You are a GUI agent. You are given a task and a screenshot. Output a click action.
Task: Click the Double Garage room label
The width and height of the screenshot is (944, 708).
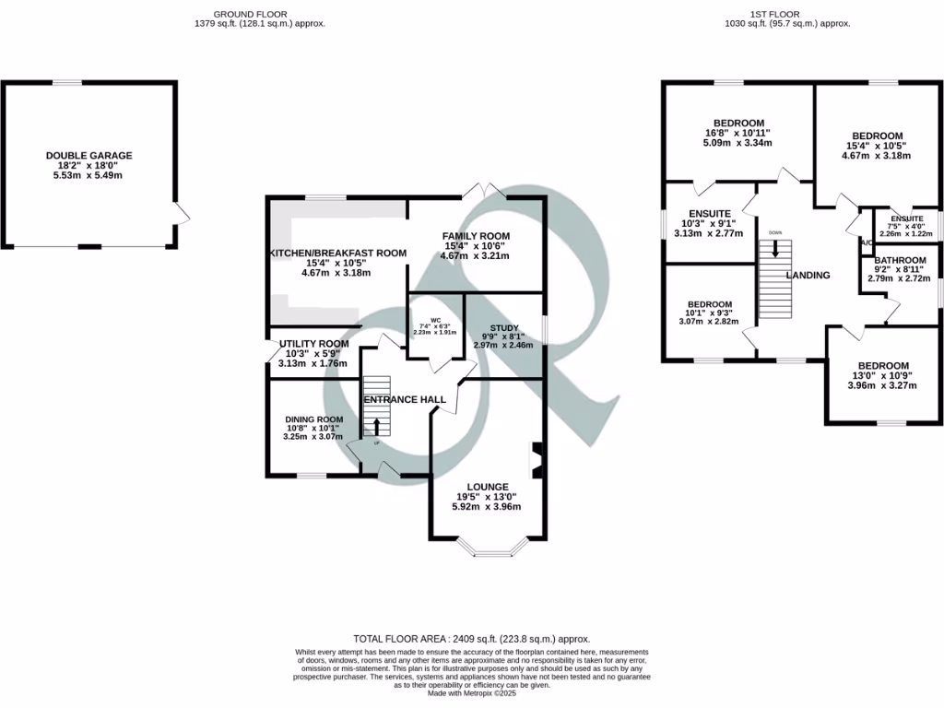click(89, 156)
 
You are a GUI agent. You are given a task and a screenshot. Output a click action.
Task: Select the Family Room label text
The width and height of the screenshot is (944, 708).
click(476, 236)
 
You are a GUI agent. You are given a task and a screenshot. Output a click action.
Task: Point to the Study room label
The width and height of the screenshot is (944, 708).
click(503, 327)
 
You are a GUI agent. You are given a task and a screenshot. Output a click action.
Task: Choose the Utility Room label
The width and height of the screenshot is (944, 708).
click(313, 344)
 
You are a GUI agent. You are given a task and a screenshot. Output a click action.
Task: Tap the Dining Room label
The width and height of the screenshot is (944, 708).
click(313, 418)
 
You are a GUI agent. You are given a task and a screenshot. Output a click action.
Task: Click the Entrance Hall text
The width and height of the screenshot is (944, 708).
click(404, 399)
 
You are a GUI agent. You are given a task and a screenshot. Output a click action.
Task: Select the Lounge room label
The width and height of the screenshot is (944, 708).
click(487, 487)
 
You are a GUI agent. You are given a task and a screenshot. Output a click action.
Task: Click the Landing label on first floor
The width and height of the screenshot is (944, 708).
click(808, 275)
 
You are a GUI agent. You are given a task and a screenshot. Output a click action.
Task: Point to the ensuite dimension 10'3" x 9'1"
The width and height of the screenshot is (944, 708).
click(709, 221)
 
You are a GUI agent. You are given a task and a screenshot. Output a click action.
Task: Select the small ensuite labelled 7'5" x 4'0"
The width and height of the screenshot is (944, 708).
click(907, 227)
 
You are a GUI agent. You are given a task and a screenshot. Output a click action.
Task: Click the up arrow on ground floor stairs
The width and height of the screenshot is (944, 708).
click(375, 426)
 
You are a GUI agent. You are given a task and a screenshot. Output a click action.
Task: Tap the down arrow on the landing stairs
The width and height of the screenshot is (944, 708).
click(774, 248)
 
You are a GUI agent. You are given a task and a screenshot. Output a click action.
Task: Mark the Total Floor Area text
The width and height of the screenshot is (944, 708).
click(472, 639)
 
